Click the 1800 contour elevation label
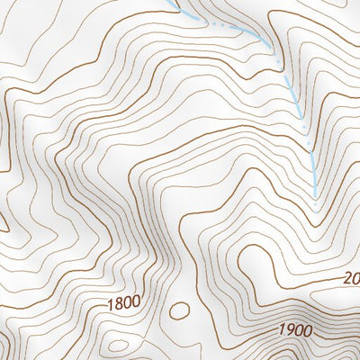[x=123, y=301]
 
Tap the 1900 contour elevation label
[x=294, y=329]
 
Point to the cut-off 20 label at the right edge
[x=352, y=278]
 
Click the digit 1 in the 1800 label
[x=110, y=303]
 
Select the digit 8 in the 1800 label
[x=119, y=302]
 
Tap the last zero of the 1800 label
[x=136, y=301]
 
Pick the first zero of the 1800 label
[x=128, y=301]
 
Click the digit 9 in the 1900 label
[x=289, y=329]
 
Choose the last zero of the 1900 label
[x=307, y=330]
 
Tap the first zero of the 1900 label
[x=298, y=329]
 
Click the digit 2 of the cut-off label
[x=348, y=278]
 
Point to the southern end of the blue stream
[x=316, y=196]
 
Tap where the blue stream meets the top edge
[x=174, y=2]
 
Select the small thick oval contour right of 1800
[x=180, y=310]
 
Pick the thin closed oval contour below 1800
[x=116, y=345]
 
